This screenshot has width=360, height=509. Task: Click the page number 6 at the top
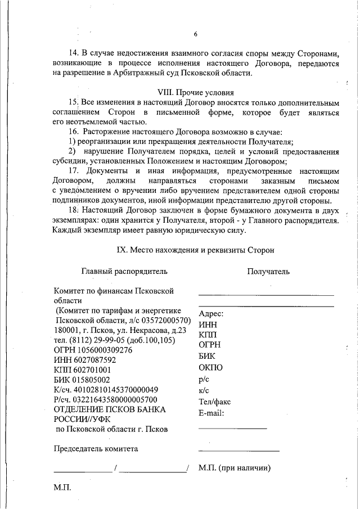coord(196,34)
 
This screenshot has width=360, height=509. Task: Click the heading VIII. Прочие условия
coord(196,92)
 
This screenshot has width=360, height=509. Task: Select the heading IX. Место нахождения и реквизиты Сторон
coord(196,249)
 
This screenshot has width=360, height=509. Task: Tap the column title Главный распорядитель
coord(124,272)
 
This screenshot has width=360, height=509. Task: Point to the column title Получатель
coord(268,272)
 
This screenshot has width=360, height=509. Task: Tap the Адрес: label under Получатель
coord(211,314)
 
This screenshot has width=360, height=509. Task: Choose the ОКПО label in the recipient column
coord(211,368)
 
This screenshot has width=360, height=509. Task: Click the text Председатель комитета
coord(96,448)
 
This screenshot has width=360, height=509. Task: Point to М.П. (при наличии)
coord(235,467)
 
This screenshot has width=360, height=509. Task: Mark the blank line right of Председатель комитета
coord(238,451)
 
